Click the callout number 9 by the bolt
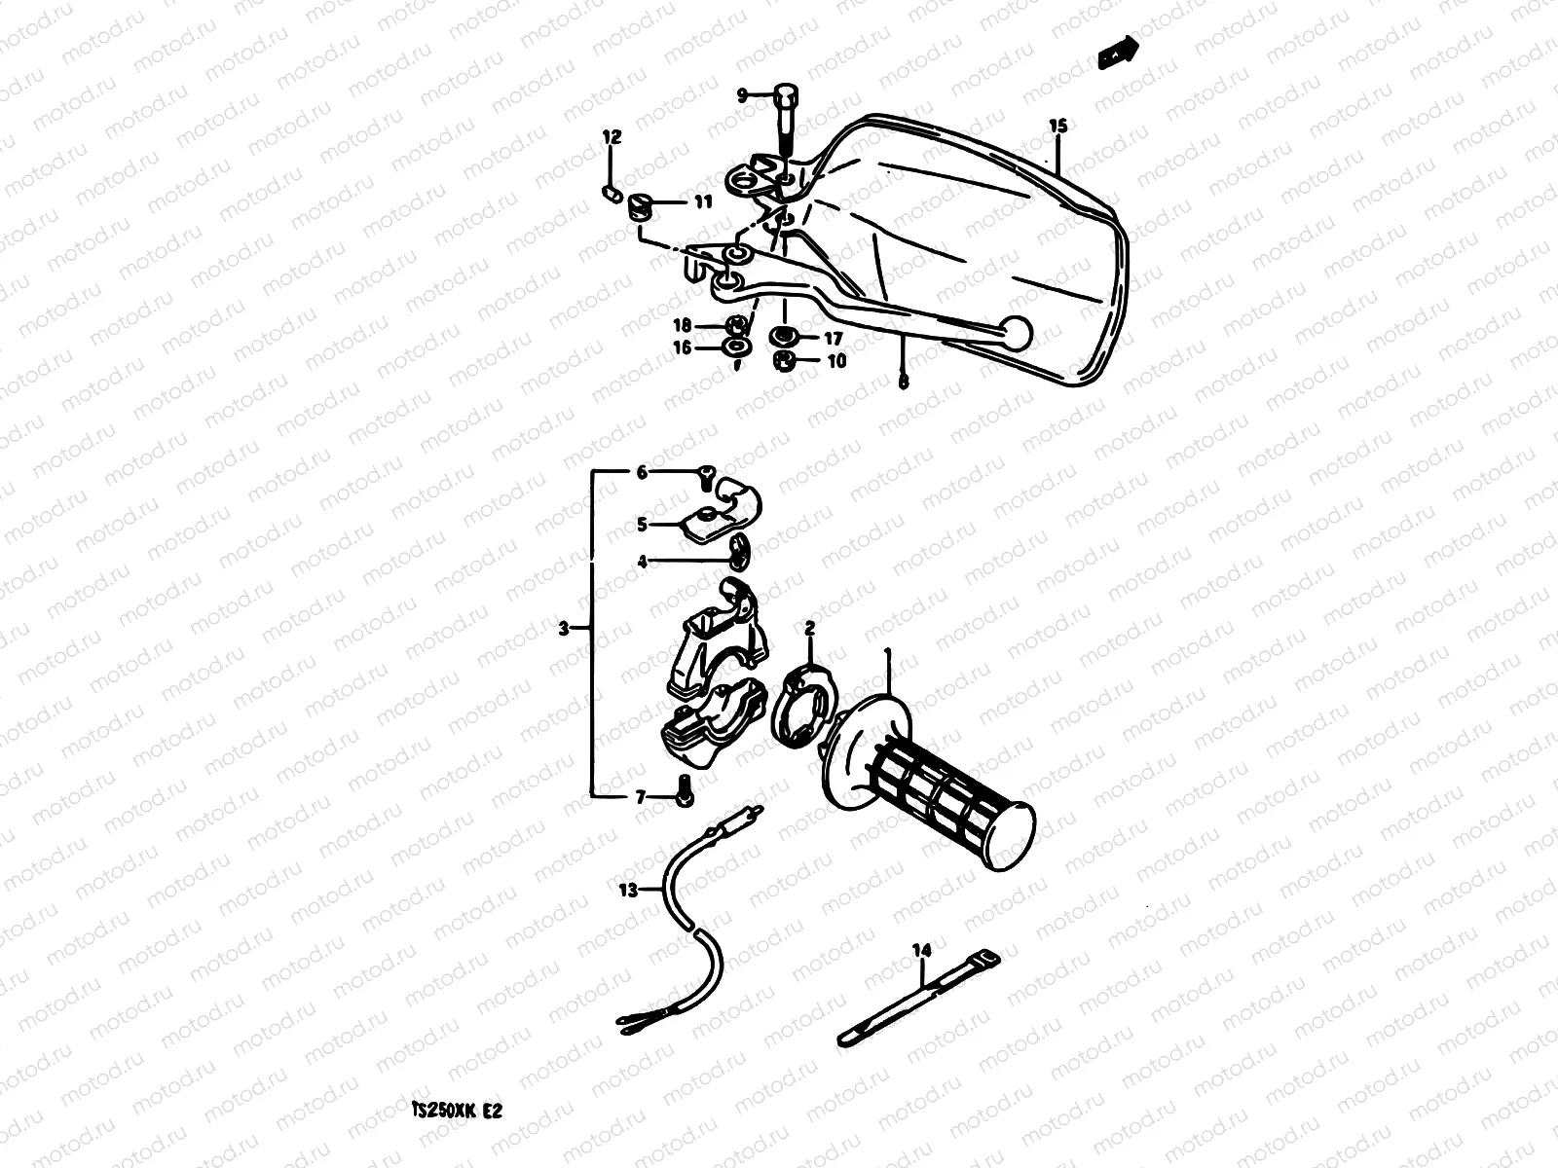click(x=741, y=94)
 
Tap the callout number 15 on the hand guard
click(x=1058, y=126)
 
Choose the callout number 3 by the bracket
click(x=563, y=630)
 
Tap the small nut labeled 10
click(x=782, y=361)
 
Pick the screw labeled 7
click(x=682, y=795)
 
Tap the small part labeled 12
click(x=612, y=192)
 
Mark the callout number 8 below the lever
click(x=903, y=383)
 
